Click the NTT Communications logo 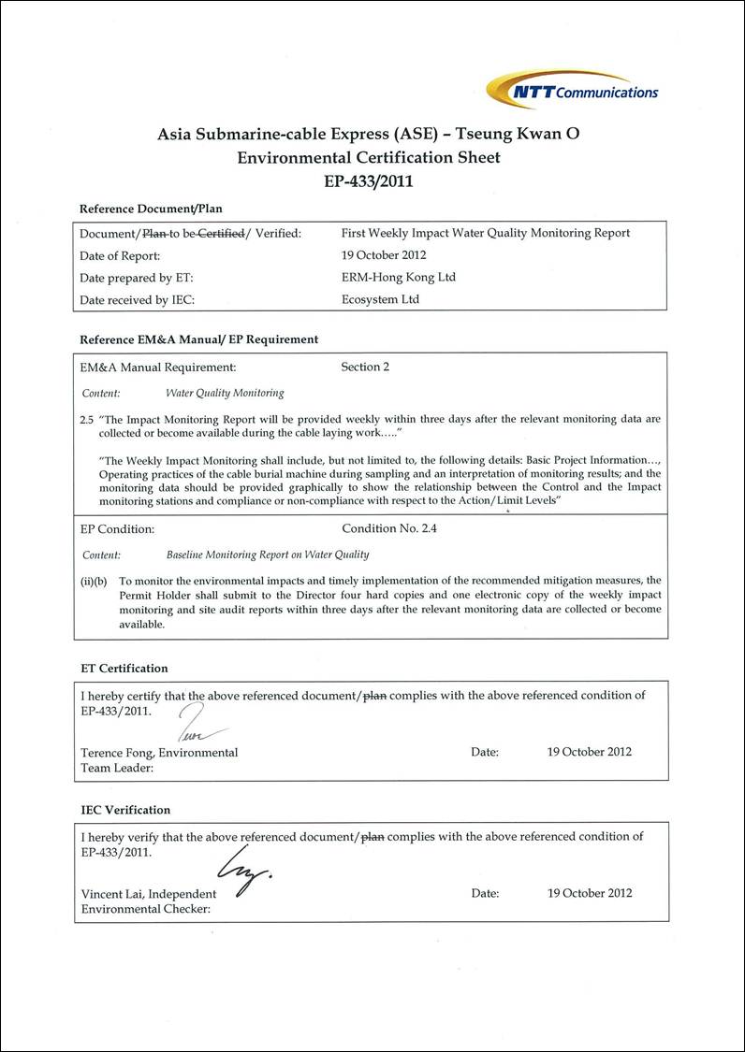573,90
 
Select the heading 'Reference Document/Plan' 151,209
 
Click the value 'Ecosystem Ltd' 381,299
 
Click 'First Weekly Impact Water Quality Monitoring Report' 486,233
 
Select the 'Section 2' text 365,367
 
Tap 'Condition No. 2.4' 389,528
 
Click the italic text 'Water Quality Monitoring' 225,393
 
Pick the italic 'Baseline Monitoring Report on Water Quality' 268,555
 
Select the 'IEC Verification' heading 125,810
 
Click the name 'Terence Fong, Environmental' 159,753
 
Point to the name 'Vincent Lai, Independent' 149,894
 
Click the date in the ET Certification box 590,752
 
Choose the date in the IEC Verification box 590,893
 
